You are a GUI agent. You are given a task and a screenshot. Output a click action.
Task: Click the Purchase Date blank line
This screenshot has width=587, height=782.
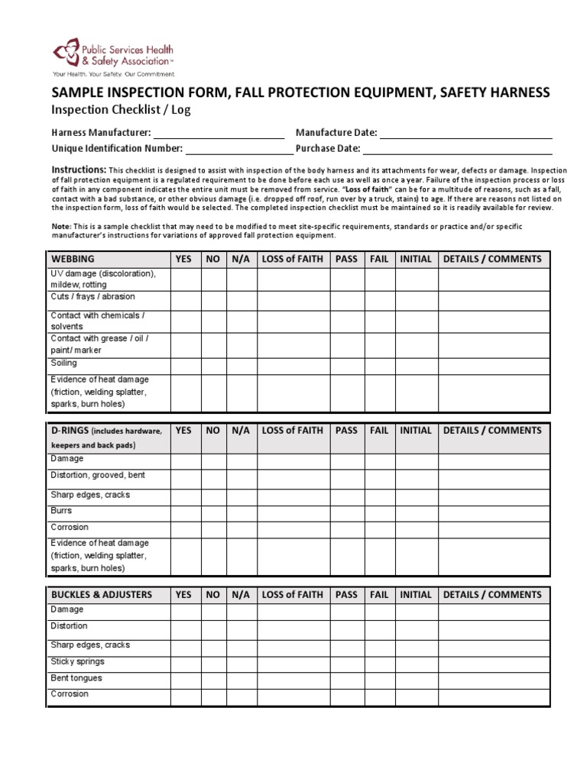click(456, 152)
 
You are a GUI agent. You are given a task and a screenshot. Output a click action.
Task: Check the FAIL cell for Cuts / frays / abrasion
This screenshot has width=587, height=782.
click(379, 300)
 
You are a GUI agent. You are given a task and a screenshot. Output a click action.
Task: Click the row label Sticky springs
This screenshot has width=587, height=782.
click(78, 662)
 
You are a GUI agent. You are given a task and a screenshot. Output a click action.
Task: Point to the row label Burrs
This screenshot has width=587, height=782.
click(62, 511)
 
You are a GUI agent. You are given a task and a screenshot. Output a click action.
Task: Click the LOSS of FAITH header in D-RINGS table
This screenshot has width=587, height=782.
click(292, 431)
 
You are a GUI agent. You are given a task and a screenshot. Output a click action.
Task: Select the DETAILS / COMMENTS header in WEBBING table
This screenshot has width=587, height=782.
click(493, 259)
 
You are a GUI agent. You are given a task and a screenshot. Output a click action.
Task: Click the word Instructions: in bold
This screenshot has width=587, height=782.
click(78, 169)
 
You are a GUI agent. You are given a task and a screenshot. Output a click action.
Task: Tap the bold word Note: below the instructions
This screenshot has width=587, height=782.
click(61, 226)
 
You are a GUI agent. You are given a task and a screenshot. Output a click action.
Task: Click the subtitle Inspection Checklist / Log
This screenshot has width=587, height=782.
click(120, 110)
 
